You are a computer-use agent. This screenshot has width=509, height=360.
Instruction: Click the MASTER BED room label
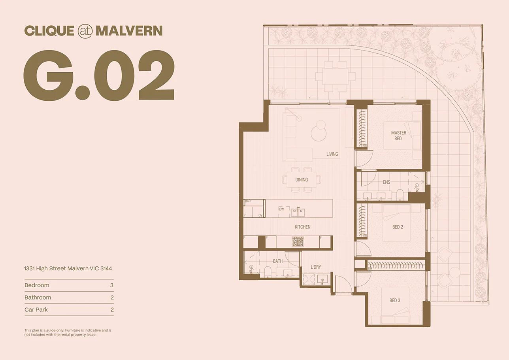coord(398,136)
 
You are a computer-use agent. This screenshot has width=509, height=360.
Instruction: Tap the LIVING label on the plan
coord(332,154)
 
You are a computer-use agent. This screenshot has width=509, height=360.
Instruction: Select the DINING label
coord(302,180)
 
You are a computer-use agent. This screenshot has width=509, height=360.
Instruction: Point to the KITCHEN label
coord(302,227)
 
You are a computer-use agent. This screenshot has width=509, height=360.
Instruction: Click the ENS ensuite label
coord(386,182)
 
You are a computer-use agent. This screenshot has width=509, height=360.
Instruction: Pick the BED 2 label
coord(398,227)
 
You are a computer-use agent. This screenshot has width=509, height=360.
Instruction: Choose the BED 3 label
coord(394,300)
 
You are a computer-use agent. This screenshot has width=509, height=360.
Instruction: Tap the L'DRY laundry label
coord(316,267)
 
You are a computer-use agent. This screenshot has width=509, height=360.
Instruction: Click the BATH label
coord(277,261)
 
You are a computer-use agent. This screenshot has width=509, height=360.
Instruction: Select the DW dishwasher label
coord(281,209)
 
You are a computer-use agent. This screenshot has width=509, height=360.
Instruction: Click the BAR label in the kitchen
coord(248,201)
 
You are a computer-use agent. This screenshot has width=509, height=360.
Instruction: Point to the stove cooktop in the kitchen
coord(298,241)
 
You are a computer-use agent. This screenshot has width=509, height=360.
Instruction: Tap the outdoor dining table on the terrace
coord(336,76)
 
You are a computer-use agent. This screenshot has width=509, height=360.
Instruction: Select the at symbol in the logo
coord(85,31)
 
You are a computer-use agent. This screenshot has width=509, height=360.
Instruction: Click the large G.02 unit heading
coord(99,76)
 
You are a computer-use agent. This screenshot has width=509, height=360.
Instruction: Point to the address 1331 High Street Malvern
coord(68,268)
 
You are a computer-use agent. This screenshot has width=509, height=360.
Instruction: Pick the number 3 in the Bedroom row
coord(112,285)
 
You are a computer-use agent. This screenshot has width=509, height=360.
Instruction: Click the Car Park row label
coord(36,310)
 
